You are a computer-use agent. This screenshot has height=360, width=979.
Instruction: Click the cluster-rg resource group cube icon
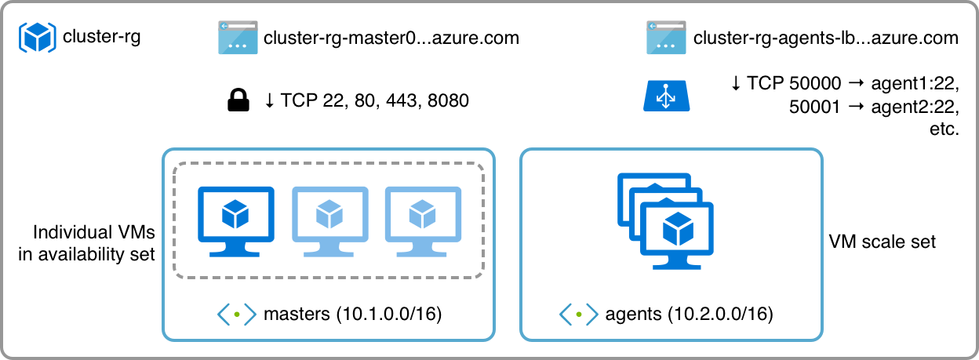37,37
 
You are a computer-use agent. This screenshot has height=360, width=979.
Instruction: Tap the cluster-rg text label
101,37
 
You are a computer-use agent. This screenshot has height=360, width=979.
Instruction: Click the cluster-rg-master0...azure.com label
391,38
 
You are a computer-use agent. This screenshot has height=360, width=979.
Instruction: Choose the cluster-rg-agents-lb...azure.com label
826,38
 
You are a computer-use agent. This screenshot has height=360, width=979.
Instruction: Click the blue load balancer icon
667,95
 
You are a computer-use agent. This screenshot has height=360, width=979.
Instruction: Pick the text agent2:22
915,107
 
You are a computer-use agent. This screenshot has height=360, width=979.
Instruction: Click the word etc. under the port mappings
944,129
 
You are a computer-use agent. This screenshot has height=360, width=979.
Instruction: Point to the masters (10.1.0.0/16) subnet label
353,315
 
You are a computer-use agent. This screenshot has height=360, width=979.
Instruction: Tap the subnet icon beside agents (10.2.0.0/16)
578,315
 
